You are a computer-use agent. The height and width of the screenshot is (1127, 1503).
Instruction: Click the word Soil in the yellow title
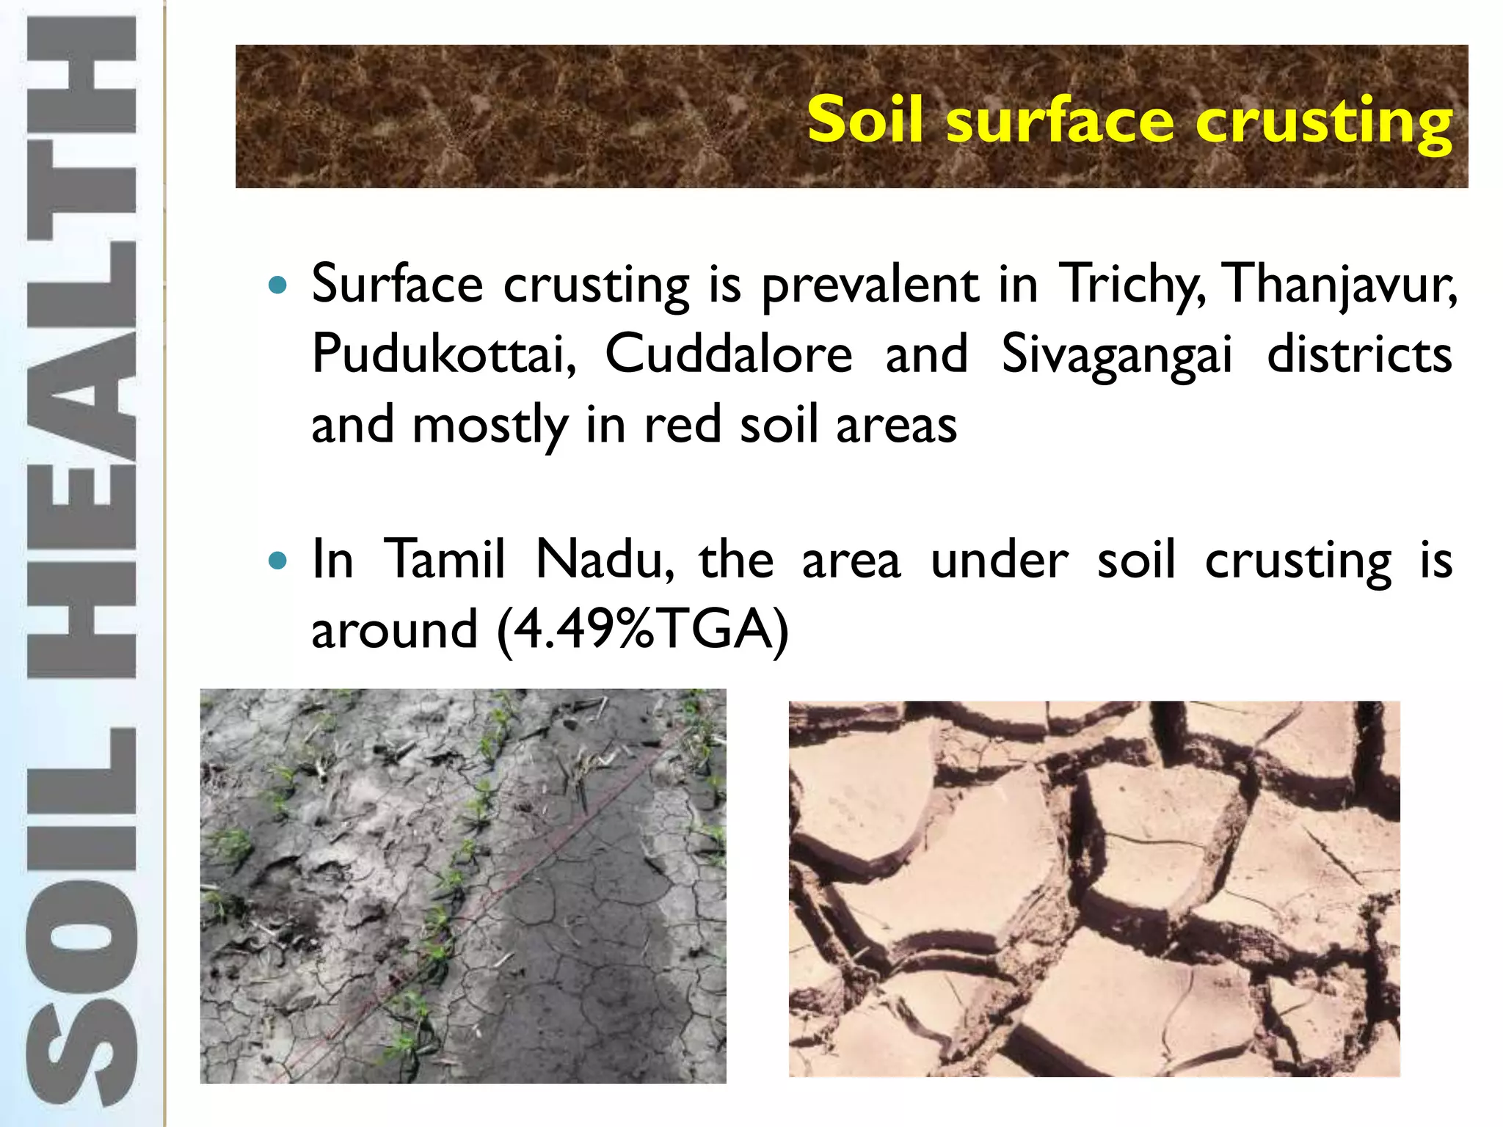pyautogui.click(x=865, y=120)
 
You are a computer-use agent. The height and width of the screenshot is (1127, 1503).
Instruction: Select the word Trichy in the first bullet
pyautogui.click(x=1130, y=284)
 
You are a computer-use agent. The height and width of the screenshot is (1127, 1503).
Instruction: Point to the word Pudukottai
pyautogui.click(x=443, y=354)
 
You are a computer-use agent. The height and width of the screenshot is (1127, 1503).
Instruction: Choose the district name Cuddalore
pyautogui.click(x=728, y=354)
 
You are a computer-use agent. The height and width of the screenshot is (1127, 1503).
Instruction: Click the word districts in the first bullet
pyautogui.click(x=1359, y=354)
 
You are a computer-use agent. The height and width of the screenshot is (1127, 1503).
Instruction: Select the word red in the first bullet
pyautogui.click(x=682, y=425)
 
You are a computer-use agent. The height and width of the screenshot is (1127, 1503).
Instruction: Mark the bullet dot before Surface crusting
pyautogui.click(x=277, y=285)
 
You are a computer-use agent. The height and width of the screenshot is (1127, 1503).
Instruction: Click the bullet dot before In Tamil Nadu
pyautogui.click(x=277, y=561)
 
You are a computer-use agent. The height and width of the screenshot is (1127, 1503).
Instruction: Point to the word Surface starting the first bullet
pyautogui.click(x=397, y=284)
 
